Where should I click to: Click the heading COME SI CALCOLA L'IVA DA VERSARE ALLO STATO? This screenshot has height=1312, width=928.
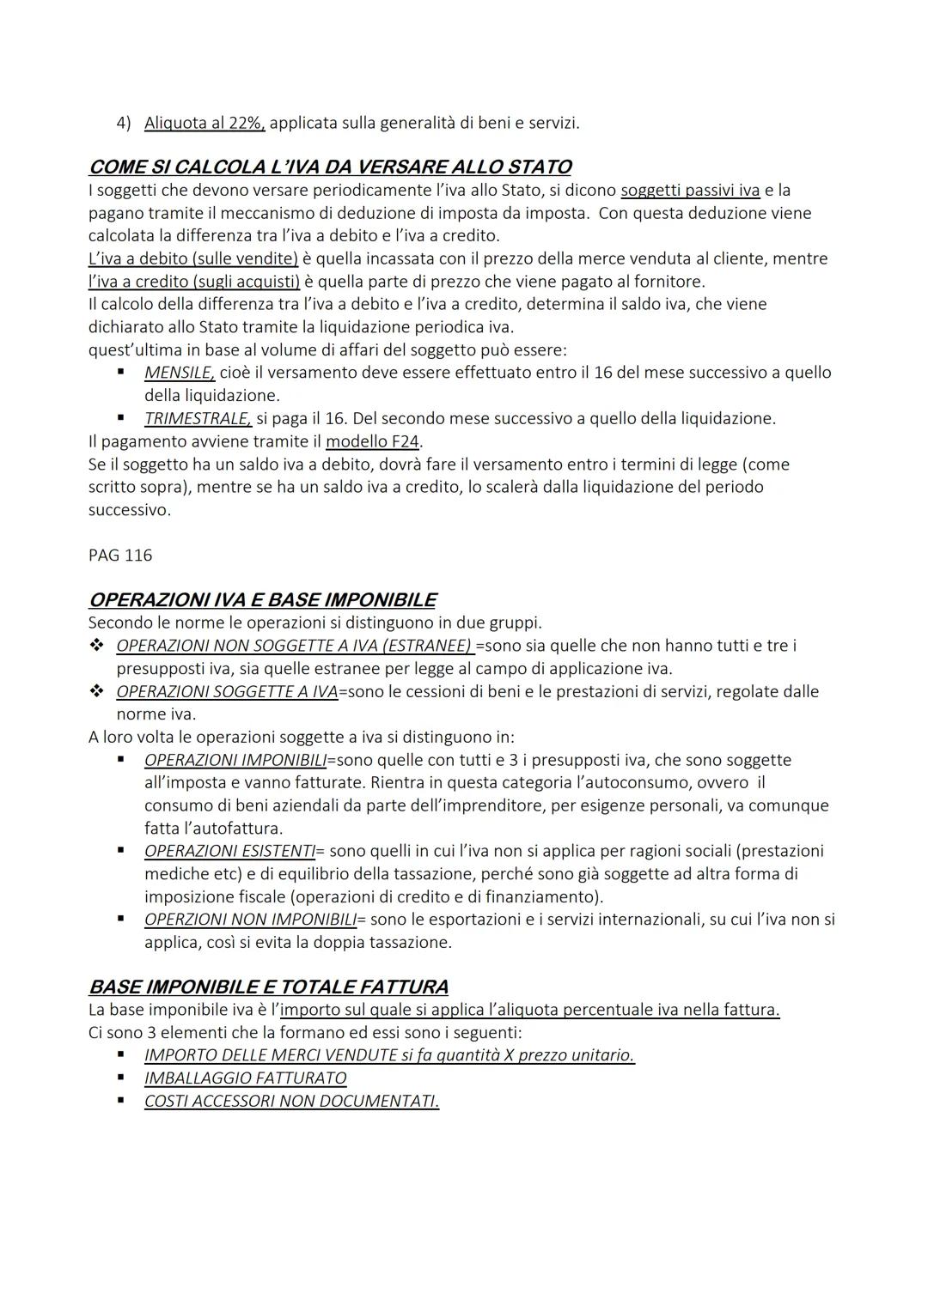click(330, 167)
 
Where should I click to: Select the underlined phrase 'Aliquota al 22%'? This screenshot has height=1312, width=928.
click(205, 123)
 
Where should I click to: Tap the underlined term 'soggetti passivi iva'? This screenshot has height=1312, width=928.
click(690, 190)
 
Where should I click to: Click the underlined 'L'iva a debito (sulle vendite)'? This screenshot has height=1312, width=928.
click(193, 258)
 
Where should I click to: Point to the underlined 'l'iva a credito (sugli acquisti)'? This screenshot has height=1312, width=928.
click(194, 282)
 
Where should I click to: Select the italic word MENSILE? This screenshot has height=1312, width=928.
click(180, 373)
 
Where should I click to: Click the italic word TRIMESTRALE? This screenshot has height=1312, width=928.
click(198, 418)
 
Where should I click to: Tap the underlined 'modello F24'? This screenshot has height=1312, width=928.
click(373, 441)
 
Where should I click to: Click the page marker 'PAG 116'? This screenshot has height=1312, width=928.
click(120, 556)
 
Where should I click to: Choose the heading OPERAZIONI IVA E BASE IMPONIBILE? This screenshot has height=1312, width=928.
click(262, 599)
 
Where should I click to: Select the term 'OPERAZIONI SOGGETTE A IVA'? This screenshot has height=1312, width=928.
click(227, 691)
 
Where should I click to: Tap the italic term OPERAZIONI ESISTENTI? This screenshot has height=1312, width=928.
click(229, 851)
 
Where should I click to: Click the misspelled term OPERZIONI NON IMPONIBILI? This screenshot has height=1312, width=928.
click(250, 920)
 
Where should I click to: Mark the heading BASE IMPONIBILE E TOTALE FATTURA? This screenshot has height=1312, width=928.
click(268, 987)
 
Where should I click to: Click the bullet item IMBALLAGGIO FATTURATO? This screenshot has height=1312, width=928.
click(245, 1078)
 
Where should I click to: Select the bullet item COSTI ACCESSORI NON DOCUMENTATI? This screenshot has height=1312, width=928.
click(291, 1101)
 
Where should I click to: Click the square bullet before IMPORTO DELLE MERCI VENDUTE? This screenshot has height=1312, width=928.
click(122, 1054)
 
